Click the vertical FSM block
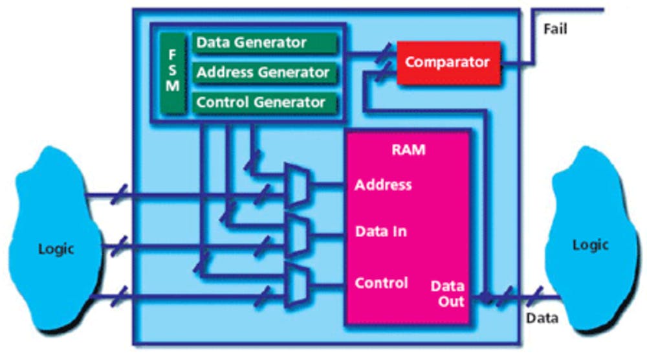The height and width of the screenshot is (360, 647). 172,73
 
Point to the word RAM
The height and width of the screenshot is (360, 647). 408,150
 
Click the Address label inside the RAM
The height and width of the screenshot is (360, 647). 383,185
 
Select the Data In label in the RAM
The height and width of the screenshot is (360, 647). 381,231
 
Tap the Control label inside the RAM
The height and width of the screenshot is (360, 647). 381,283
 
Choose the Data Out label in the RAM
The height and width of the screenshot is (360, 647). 448,293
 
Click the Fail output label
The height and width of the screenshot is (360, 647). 556,29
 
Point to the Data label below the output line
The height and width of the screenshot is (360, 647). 542,319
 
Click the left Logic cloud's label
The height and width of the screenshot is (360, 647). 56,249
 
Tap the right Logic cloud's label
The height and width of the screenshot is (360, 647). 590,245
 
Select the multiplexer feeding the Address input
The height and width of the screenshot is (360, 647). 297,185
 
